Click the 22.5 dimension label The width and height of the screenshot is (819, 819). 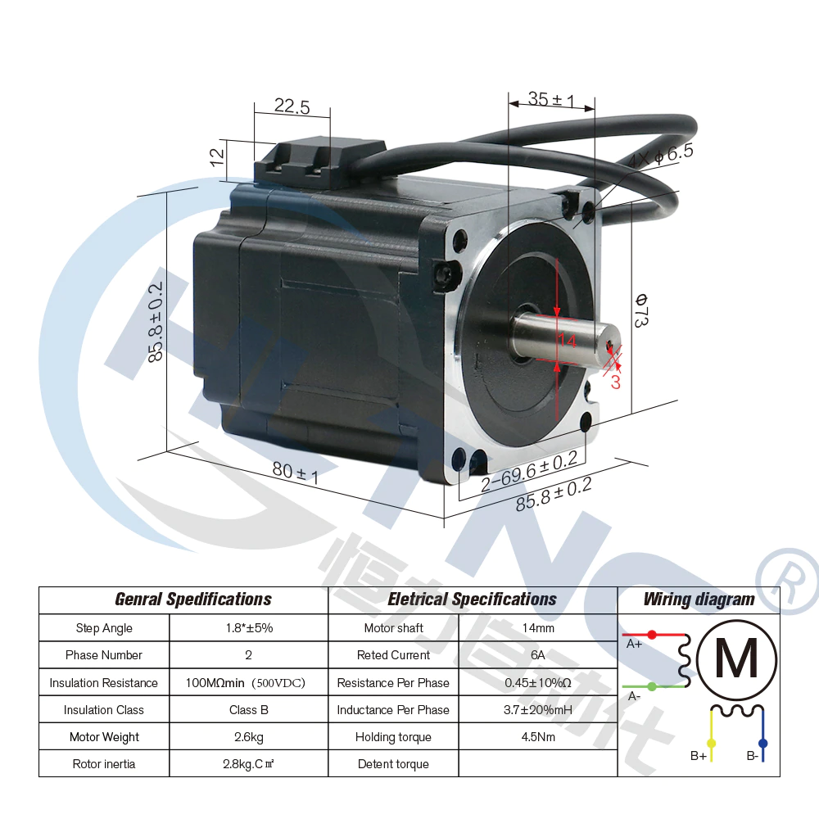tap(292, 106)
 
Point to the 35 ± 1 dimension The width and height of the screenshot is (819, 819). tap(551, 99)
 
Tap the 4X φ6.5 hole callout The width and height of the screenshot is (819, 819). tap(660, 155)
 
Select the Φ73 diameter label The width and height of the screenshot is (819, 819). tap(641, 310)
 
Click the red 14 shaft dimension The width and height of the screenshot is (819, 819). tap(567, 341)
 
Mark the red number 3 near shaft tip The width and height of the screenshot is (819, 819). tap(616, 382)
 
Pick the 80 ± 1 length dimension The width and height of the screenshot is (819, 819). tap(295, 473)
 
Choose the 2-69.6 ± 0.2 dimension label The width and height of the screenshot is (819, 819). tap(529, 471)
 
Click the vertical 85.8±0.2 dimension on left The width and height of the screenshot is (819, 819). tap(156, 321)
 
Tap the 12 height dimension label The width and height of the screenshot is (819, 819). tap(217, 156)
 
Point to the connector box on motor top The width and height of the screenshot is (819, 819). tap(319, 161)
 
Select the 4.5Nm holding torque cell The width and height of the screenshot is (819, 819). tap(538, 737)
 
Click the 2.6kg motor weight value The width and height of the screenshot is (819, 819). tap(249, 737)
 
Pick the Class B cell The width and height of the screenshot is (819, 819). tap(249, 710)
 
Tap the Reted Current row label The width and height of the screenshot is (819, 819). tap(393, 655)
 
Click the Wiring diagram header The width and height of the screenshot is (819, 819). tap(699, 600)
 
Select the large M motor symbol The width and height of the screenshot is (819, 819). tap(737, 659)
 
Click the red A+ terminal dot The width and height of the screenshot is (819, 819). tap(652, 635)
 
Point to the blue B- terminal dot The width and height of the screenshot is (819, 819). tap(763, 743)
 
